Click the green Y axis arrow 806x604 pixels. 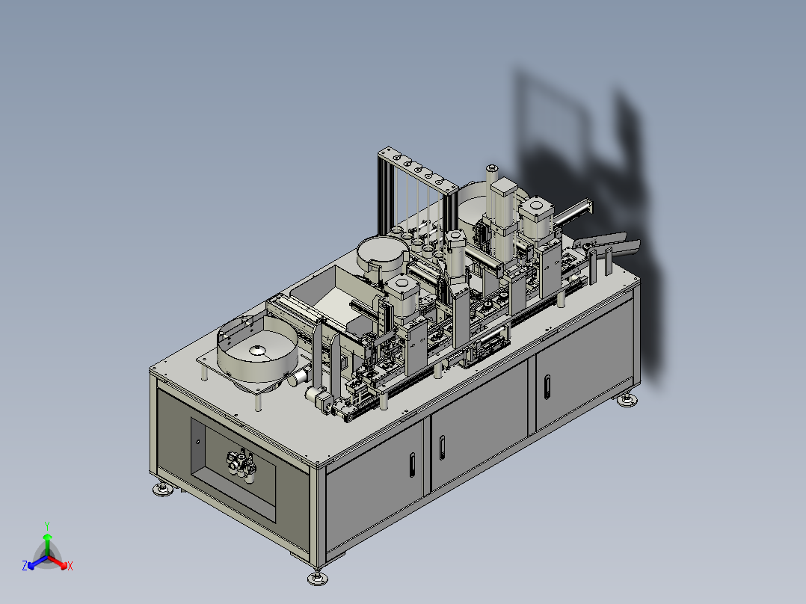(x=47, y=545)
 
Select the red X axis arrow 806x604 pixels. (x=58, y=562)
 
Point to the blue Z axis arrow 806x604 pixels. (x=37, y=562)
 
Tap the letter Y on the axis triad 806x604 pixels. (x=47, y=526)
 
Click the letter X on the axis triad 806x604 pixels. (x=70, y=566)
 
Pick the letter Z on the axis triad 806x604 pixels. (x=24, y=566)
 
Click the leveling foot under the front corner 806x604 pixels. (x=318, y=578)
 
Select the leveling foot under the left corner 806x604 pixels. (x=163, y=489)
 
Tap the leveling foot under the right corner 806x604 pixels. (x=627, y=400)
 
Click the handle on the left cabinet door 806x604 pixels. (x=412, y=465)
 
